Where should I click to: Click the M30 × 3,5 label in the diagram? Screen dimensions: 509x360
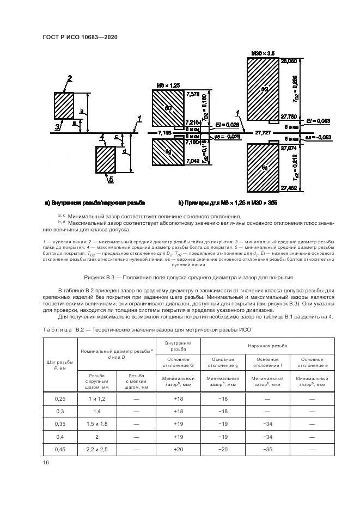point(263,53)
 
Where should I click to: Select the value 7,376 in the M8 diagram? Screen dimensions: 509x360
point(193,94)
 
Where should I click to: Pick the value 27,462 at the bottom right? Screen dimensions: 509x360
point(289,188)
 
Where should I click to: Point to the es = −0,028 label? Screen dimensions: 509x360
point(227,137)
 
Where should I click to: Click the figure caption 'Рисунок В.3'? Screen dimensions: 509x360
point(179,277)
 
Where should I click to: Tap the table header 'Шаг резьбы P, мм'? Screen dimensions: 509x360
point(59,364)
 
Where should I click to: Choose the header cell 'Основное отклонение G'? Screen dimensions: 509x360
point(178,362)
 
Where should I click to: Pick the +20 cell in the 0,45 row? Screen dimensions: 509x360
point(178,449)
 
